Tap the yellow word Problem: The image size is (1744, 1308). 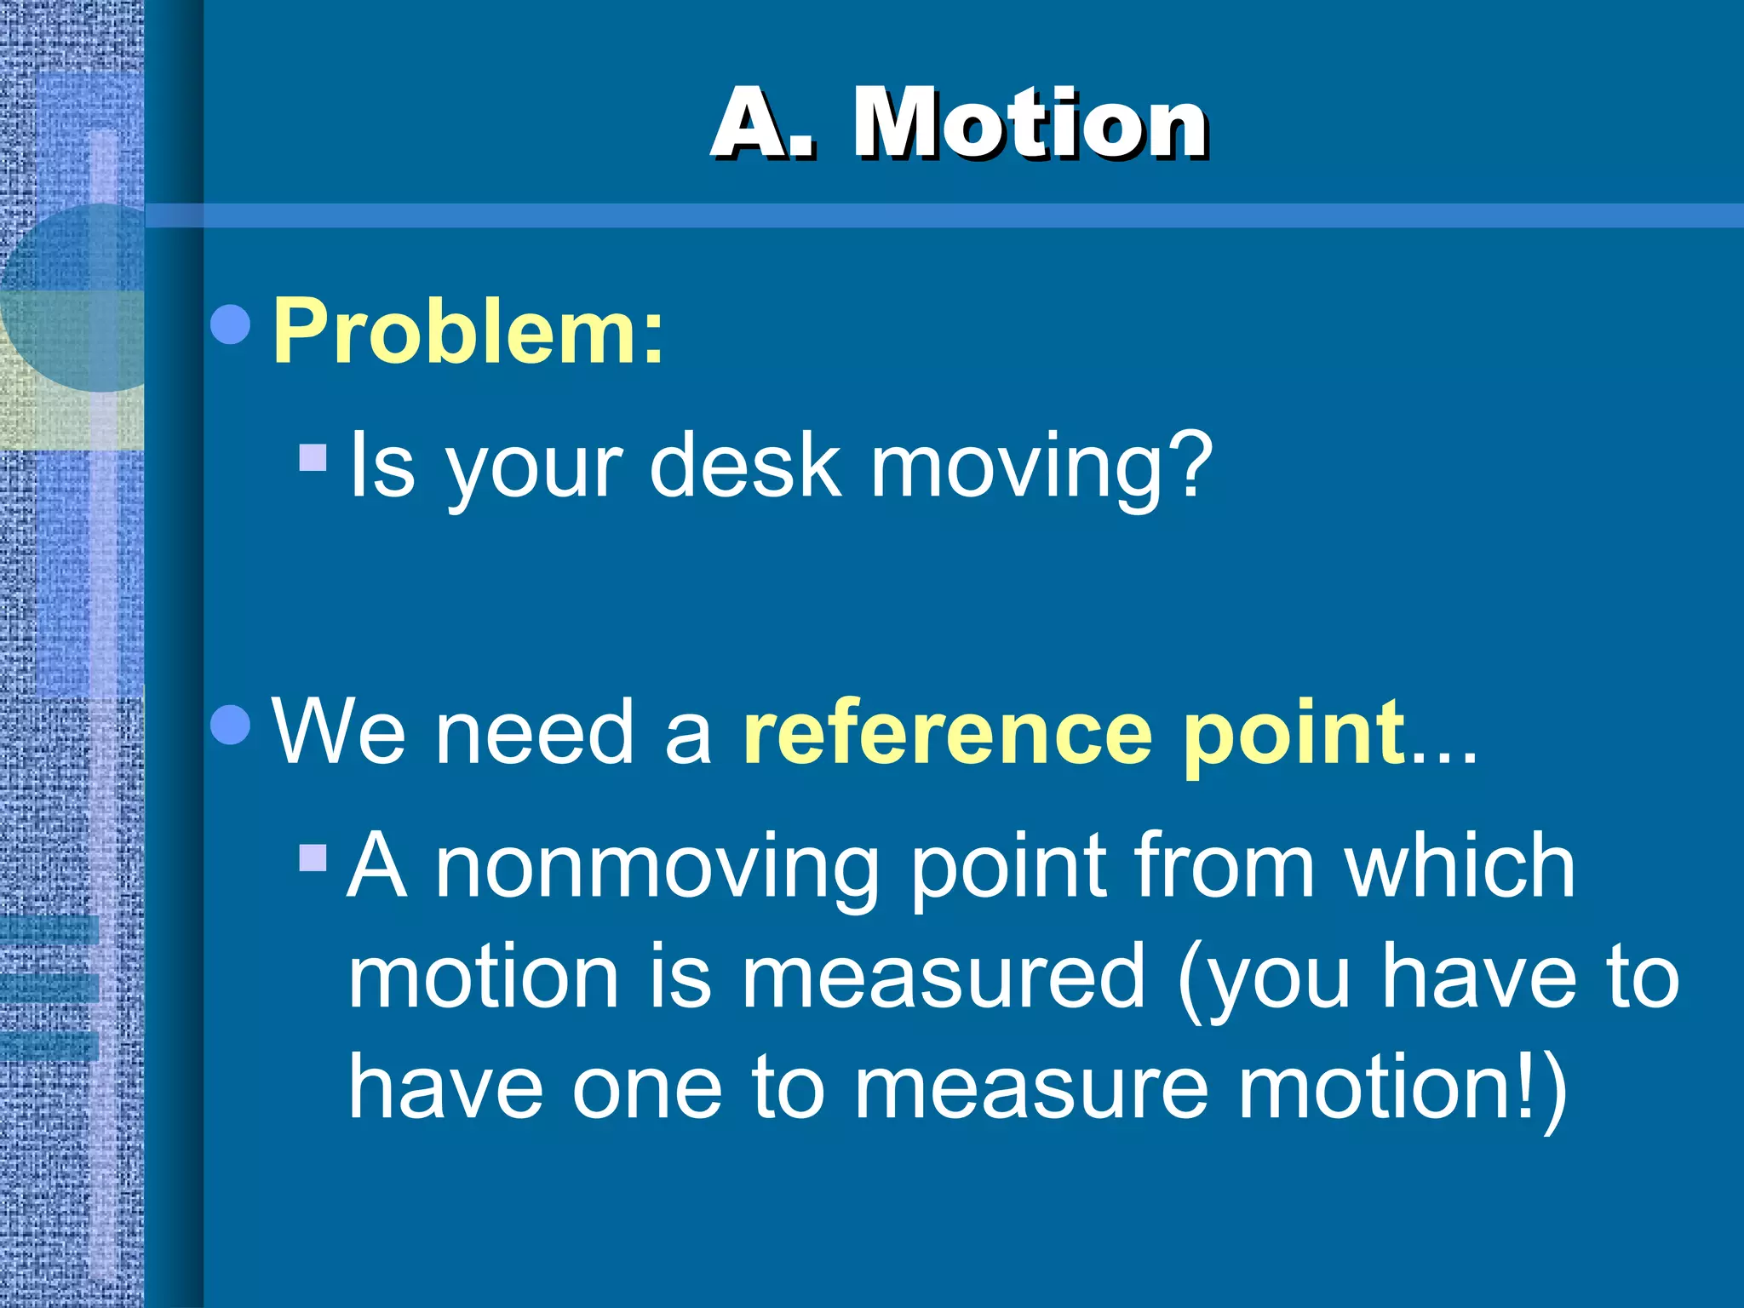[x=468, y=332]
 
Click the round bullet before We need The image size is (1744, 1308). [x=230, y=724]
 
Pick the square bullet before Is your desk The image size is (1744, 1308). [x=313, y=457]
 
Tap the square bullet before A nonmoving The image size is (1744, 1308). [x=313, y=858]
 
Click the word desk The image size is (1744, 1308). [x=745, y=465]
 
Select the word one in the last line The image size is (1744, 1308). [x=646, y=1089]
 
